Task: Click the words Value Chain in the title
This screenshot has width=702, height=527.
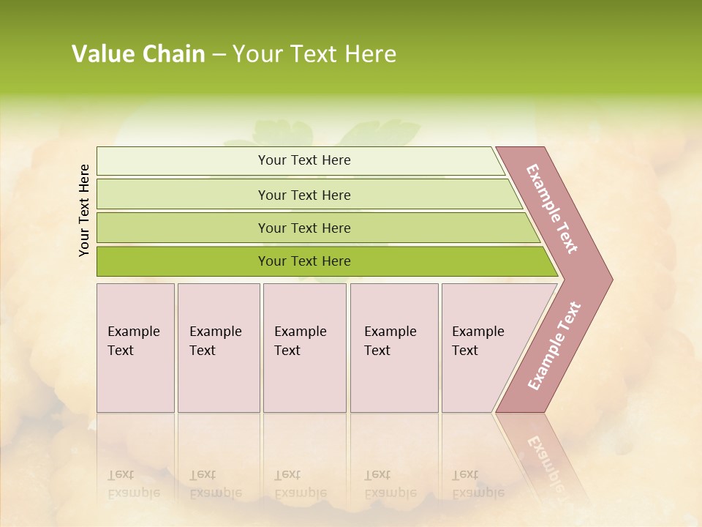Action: tap(138, 54)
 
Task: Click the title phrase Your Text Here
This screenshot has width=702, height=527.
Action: tap(314, 54)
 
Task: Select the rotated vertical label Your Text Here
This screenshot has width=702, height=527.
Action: tap(84, 210)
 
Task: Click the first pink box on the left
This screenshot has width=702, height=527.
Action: tap(135, 348)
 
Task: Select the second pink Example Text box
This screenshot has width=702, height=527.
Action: tap(218, 348)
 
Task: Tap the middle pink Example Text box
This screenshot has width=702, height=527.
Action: tap(304, 348)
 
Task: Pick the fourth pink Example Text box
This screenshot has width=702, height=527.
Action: tap(393, 348)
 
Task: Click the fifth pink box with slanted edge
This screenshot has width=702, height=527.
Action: tap(483, 348)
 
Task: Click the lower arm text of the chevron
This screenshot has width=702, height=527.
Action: tap(554, 345)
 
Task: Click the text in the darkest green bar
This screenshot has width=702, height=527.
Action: tap(304, 261)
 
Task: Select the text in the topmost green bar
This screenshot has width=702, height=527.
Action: tap(304, 160)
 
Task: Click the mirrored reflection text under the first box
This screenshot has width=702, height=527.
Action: tap(133, 484)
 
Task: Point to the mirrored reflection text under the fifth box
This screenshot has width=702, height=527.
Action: tap(478, 484)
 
